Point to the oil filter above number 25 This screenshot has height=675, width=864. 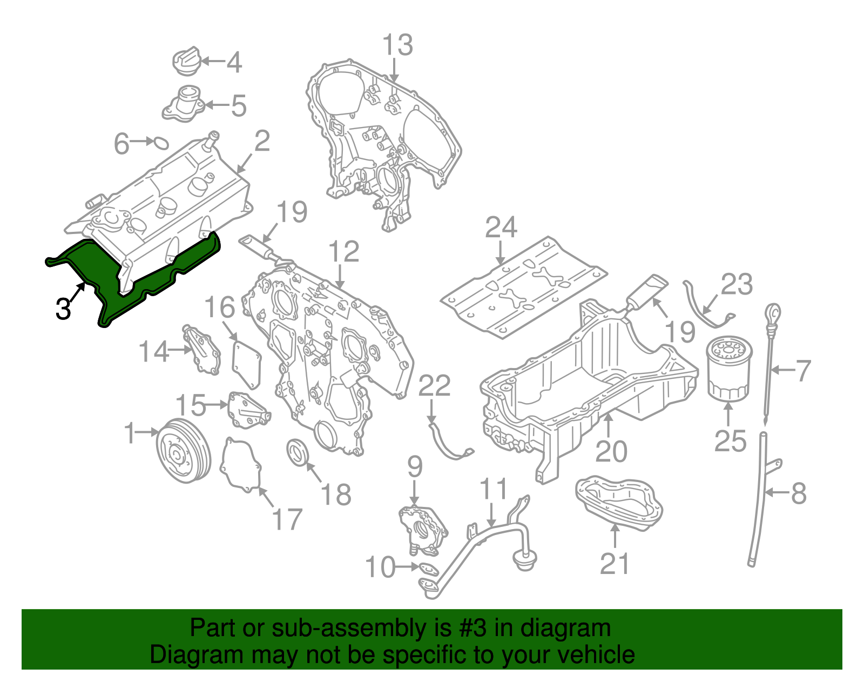(728, 369)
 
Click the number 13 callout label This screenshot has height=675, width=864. (397, 45)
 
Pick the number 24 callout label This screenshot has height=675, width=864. (501, 228)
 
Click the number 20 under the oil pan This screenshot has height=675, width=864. (611, 451)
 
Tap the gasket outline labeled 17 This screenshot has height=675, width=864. (240, 465)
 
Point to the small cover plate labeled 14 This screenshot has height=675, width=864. (202, 351)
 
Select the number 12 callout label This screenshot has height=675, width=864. (343, 251)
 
